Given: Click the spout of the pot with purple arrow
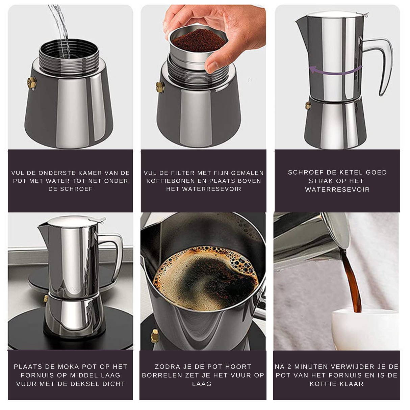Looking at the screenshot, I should [301, 25].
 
